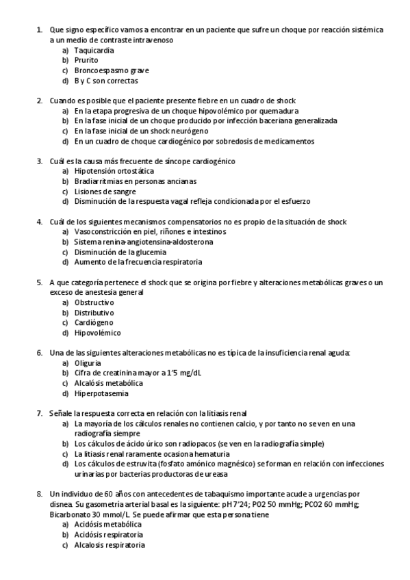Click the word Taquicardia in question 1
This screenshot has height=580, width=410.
[94, 51]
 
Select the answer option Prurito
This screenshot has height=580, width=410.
[86, 60]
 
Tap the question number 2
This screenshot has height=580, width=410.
[39, 101]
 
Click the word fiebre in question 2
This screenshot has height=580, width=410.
[181, 101]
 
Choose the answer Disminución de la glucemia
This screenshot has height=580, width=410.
[119, 252]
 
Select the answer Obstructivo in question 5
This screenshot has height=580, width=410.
[94, 302]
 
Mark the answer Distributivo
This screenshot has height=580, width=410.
[94, 313]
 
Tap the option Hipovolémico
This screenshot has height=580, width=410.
[97, 333]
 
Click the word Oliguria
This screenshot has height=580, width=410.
[88, 363]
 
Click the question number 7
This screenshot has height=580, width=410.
[39, 413]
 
